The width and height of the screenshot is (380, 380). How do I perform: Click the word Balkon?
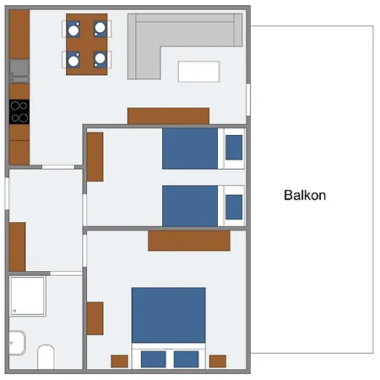305,195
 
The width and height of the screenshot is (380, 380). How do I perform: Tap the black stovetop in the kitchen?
19,111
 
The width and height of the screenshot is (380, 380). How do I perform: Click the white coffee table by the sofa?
198,72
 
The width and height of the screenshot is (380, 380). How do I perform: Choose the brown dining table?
87,45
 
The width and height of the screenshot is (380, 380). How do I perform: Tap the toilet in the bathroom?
46,356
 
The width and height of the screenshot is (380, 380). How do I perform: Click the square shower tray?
28,296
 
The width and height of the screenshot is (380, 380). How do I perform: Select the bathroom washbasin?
17,343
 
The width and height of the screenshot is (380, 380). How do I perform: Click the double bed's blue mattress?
169,315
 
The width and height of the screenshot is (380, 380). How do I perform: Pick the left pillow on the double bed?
153,359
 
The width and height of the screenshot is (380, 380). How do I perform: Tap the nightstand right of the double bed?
218,361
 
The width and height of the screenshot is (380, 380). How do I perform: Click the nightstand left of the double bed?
119,361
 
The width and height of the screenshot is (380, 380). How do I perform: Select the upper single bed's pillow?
234,148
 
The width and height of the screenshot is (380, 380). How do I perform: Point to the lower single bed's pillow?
234,207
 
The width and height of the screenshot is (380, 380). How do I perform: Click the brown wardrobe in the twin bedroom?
95,157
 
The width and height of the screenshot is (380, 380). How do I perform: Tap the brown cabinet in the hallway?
17,247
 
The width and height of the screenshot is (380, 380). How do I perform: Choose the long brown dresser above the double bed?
189,241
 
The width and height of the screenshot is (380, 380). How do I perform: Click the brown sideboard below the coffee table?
168,116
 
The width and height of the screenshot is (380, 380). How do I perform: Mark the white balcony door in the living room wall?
248,100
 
